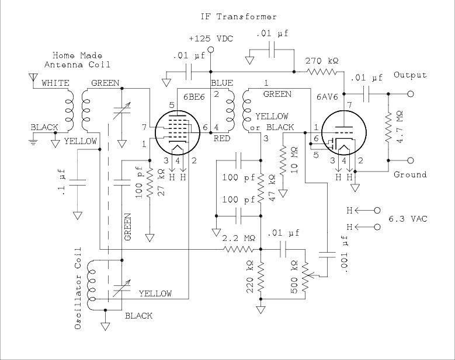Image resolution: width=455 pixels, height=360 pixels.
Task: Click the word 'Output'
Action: tap(410, 75)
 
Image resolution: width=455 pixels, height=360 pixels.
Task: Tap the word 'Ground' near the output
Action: tap(409, 174)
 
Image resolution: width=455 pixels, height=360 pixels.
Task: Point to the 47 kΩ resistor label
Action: tap(273, 187)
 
